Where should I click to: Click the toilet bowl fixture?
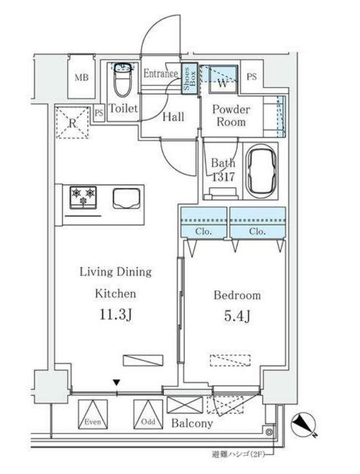click(123, 80)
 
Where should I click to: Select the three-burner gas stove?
click(83, 198)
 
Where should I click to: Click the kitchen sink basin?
click(127, 198)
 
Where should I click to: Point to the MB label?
click(81, 78)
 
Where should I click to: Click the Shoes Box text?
click(189, 78)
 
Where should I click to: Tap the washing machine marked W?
click(223, 79)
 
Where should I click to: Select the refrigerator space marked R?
click(73, 122)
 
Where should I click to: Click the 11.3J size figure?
click(115, 315)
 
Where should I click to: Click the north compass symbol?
click(304, 426)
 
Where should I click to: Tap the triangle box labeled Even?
click(93, 414)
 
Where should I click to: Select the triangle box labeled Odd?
click(148, 414)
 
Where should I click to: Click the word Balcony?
click(192, 423)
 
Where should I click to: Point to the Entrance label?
click(161, 74)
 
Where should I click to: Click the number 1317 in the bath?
click(223, 177)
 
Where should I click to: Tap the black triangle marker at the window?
click(117, 383)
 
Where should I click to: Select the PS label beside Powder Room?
click(251, 77)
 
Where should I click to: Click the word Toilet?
click(123, 108)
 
